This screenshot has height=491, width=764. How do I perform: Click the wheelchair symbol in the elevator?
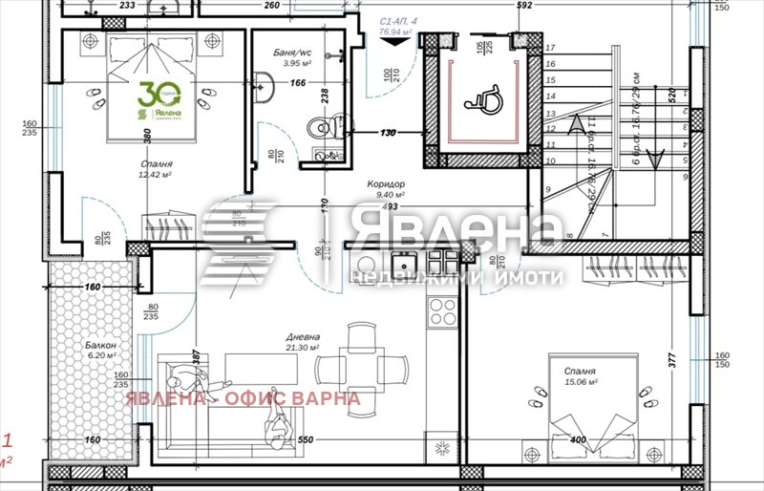pyautogui.click(x=478, y=94)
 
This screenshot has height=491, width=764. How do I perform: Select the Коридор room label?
pyautogui.click(x=387, y=184)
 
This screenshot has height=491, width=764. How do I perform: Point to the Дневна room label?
pyautogui.click(x=302, y=337)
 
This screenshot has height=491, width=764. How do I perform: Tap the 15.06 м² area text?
pyautogui.click(x=580, y=382)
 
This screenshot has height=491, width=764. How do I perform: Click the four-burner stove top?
pyautogui.click(x=442, y=309)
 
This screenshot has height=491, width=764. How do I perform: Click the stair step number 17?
pyautogui.click(x=550, y=47)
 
